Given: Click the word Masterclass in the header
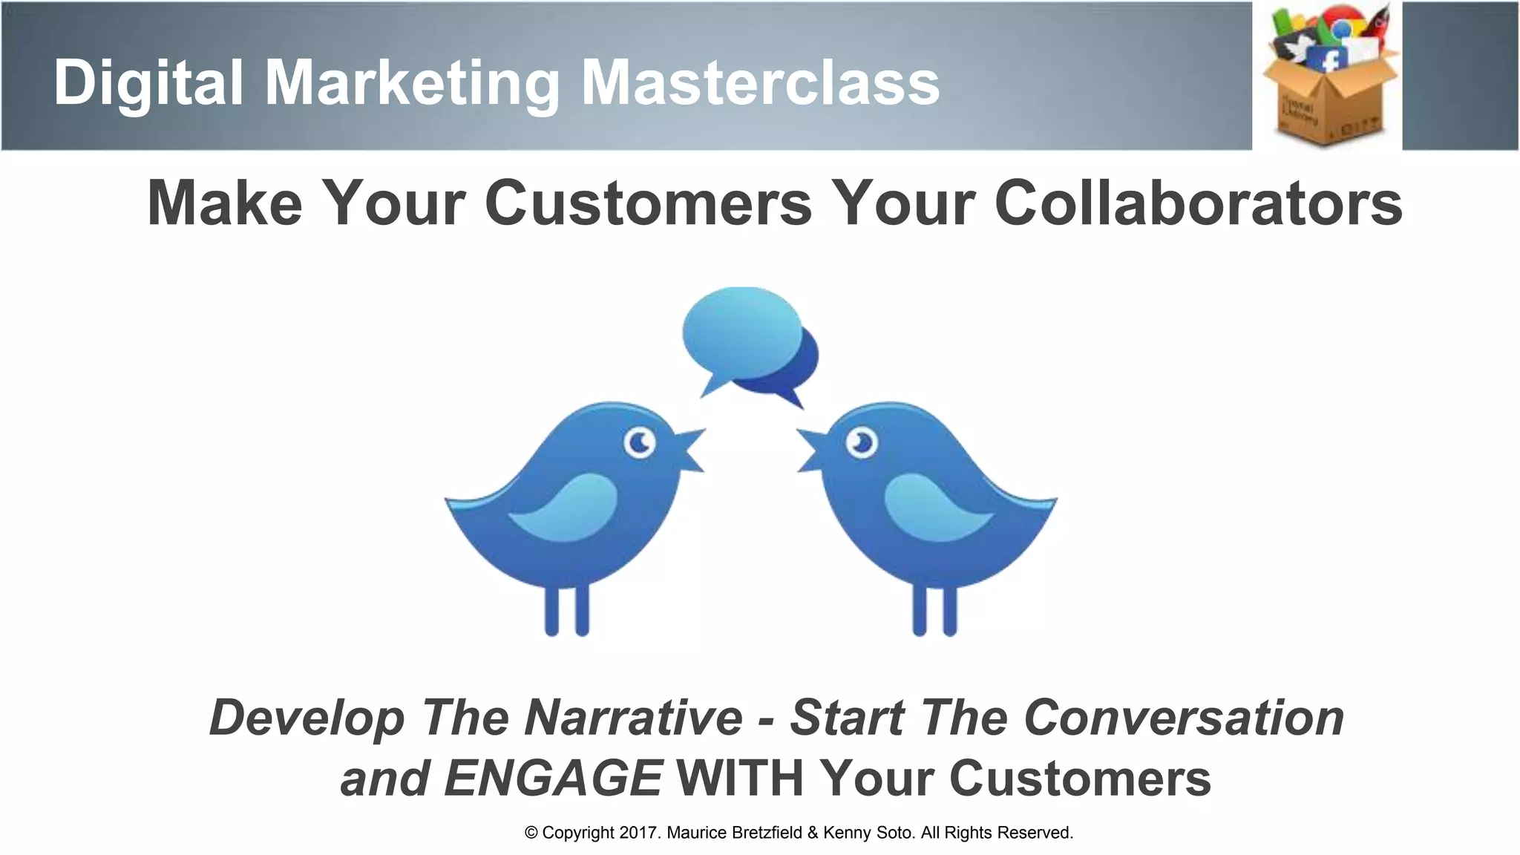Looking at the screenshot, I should click(760, 82).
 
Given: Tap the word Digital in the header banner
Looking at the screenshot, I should click(148, 82).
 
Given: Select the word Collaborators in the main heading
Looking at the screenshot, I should click(1198, 203).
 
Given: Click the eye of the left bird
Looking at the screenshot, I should click(639, 443).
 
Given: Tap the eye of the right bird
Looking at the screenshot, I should click(862, 443).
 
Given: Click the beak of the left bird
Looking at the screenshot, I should click(689, 450).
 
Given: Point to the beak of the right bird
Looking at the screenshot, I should click(811, 450).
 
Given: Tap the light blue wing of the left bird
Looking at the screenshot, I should click(568, 508).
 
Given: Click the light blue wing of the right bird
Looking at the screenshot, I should click(937, 508).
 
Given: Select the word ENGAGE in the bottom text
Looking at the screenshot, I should click(552, 778).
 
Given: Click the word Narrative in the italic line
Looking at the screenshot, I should click(633, 718).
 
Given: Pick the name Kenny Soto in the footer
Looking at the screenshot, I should click(868, 833).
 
